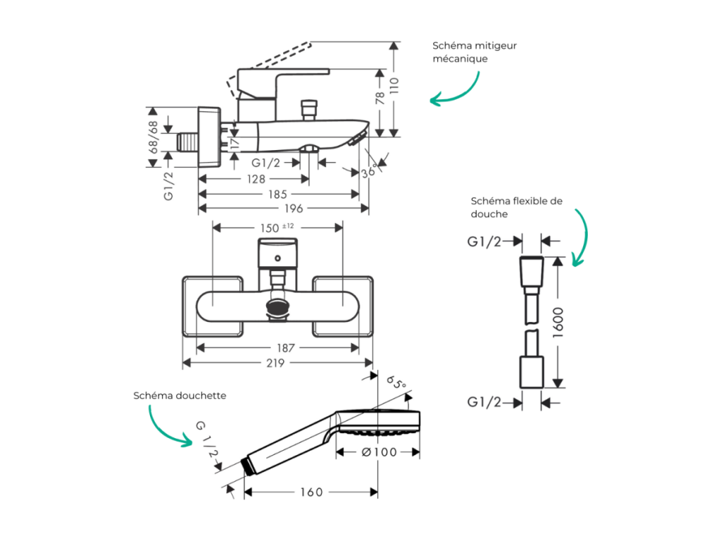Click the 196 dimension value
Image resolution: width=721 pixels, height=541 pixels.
click(294, 209)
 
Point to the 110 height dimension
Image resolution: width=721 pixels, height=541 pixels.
click(394, 85)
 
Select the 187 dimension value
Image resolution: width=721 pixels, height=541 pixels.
click(286, 348)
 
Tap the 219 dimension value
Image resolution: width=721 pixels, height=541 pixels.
click(276, 363)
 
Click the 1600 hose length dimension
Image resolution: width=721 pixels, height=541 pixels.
click(558, 323)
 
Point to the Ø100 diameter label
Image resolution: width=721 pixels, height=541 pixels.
click(379, 452)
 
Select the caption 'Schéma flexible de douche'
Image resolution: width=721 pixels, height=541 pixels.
click(516, 207)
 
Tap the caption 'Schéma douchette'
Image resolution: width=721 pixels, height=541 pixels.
click(180, 396)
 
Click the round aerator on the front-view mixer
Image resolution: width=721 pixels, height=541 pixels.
click(277, 307)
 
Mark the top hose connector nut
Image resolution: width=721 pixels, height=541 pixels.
click(532, 271)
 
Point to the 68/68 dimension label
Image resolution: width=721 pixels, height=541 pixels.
click(153, 137)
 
